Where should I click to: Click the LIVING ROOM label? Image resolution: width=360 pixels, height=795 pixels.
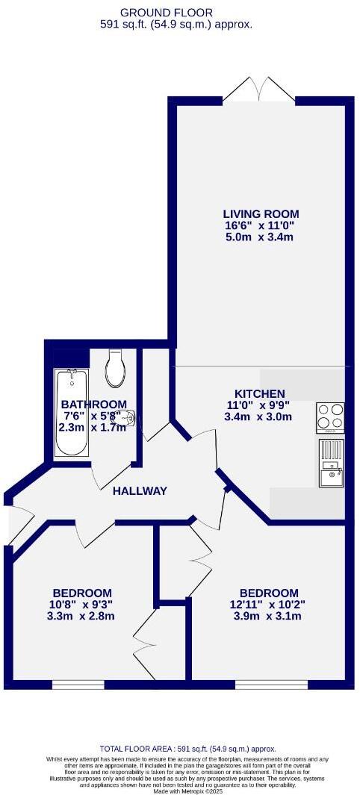(x=260, y=212)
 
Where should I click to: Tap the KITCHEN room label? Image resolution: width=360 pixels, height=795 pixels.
(x=259, y=393)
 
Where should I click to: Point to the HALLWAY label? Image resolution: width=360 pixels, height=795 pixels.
(x=140, y=490)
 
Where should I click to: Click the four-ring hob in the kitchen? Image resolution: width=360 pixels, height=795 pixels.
(x=331, y=417)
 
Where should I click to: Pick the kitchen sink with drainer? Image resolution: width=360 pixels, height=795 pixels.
(x=331, y=465)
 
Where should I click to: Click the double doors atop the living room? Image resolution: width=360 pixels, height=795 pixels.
(x=258, y=90)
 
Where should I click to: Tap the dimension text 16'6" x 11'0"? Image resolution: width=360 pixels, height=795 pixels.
(x=260, y=225)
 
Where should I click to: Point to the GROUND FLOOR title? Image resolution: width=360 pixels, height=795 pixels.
(x=177, y=12)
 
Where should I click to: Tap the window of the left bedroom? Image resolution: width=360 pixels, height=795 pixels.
(x=78, y=684)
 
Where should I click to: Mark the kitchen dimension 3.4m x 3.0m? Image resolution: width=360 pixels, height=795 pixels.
(x=259, y=417)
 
